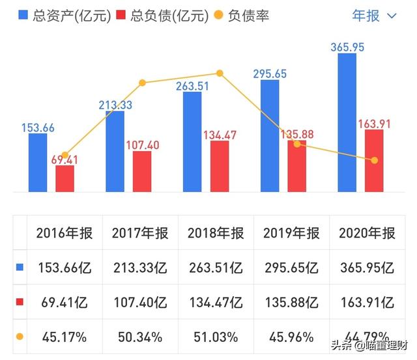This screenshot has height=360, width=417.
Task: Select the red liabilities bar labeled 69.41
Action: (65, 178)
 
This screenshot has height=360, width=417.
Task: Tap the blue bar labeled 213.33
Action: (115, 151)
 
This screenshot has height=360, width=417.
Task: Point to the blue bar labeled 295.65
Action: (270, 136)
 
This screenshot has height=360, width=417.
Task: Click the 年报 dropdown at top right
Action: (374, 15)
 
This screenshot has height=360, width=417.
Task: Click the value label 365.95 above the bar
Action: (347, 47)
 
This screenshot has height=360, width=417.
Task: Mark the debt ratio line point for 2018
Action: (220, 74)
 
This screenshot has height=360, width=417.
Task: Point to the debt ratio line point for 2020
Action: (374, 160)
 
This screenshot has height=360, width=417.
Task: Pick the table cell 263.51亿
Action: (215, 268)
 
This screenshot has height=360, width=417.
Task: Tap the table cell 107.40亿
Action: (139, 303)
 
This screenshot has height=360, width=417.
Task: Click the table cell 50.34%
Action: (139, 337)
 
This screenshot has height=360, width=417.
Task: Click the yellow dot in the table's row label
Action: (20, 337)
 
